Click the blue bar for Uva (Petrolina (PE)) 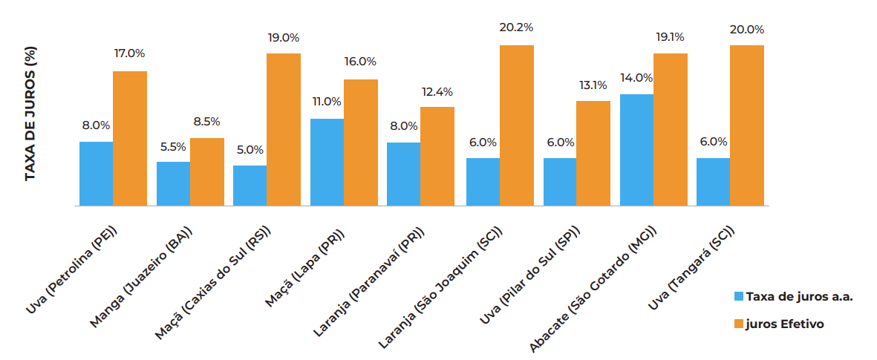point(96,174)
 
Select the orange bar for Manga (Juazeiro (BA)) point(206,172)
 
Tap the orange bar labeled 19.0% point(284,130)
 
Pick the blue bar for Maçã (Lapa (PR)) point(327,163)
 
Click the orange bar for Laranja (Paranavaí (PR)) point(437,157)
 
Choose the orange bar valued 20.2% point(517,125)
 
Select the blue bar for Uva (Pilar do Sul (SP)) point(560,182)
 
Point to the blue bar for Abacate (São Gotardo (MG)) point(636,150)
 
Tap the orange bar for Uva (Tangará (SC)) point(747,125)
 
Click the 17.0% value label point(129,53)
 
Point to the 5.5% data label point(173,146)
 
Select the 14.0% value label point(637,77)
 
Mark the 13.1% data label point(593,85)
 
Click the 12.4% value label point(437,92)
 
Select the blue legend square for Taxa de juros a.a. point(738,296)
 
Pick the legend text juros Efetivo point(785,324)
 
